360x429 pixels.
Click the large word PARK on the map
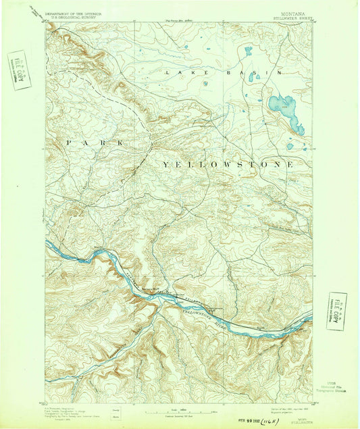[94, 143]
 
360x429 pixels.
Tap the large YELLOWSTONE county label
[227, 164]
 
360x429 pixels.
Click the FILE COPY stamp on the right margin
[336, 311]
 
